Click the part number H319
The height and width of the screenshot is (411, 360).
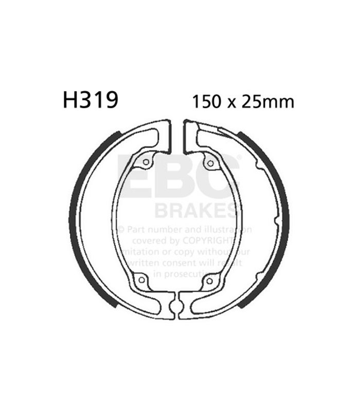coord(91,100)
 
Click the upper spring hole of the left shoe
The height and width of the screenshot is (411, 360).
coord(146,163)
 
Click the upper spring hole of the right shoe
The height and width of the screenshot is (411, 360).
coord(209,163)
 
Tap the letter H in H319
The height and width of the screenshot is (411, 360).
coord(70,100)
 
